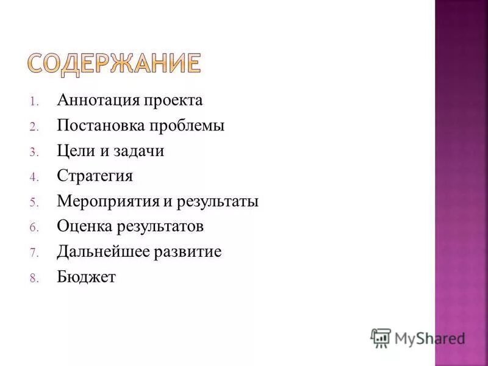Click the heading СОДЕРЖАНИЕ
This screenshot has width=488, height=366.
click(x=114, y=63)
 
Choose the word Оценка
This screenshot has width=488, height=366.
click(x=84, y=227)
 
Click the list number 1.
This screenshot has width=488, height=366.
click(x=34, y=101)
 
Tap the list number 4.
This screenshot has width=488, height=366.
click(x=34, y=178)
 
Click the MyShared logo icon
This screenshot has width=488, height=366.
click(x=381, y=337)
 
